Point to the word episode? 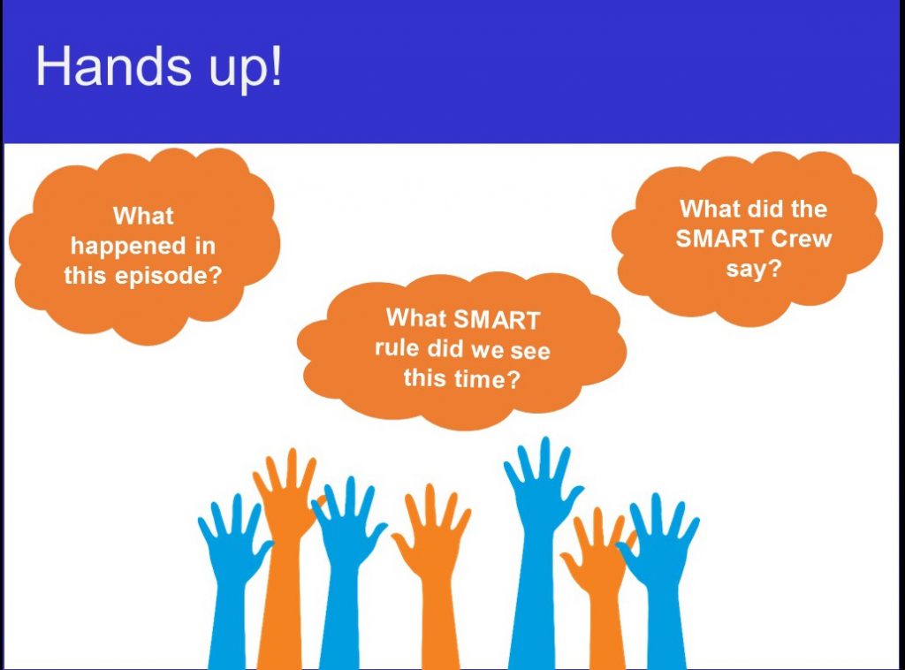(x=169, y=276)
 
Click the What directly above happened (x=143, y=216)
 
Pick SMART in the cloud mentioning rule (x=497, y=319)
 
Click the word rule (x=397, y=348)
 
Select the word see (x=530, y=351)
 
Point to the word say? (x=753, y=270)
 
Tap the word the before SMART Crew (x=809, y=209)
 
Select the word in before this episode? (x=205, y=246)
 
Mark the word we (x=488, y=350)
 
